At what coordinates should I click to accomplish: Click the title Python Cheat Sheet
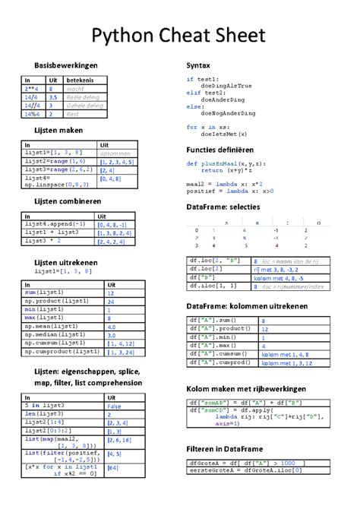point(179,35)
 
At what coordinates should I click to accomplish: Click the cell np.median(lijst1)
point(53,334)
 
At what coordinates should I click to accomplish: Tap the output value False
point(114,406)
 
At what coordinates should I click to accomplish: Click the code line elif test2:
point(206,93)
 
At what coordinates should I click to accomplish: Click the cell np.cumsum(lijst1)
point(53,343)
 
